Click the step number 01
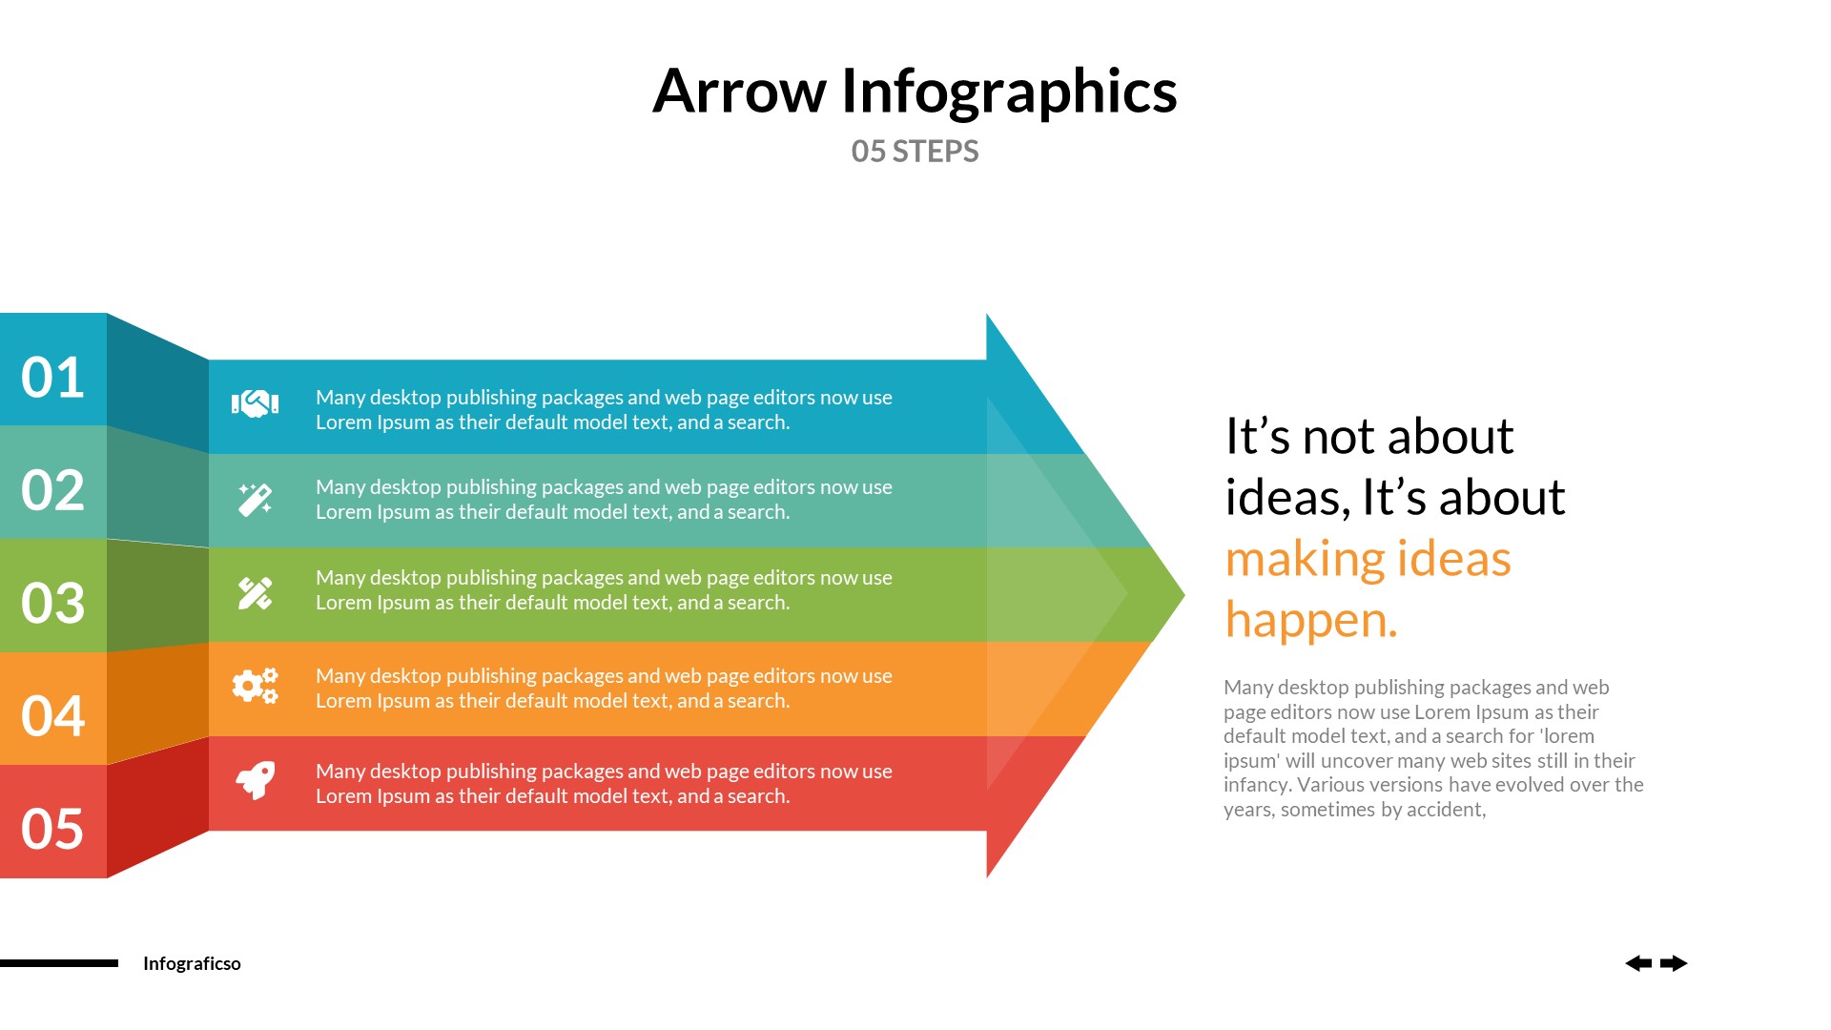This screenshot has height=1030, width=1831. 52,378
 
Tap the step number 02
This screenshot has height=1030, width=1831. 52,490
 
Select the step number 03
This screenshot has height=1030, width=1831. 52,603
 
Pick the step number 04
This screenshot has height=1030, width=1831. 52,716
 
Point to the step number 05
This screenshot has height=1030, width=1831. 52,829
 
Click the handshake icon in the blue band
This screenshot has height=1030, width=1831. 255,404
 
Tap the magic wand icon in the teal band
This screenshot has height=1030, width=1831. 255,499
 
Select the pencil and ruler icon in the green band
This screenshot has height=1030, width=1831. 255,593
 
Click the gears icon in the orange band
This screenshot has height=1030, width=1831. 255,686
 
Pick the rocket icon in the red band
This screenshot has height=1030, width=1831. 256,780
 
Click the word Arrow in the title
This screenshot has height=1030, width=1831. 739,92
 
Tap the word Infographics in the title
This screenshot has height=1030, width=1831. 1009,92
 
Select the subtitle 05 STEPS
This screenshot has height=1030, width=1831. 915,152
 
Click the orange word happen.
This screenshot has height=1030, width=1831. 1310,620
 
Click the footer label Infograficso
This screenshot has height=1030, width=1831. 192,963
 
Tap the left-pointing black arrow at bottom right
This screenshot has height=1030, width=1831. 1638,963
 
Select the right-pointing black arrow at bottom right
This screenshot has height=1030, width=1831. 1674,963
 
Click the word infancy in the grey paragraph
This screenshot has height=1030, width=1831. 1256,785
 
